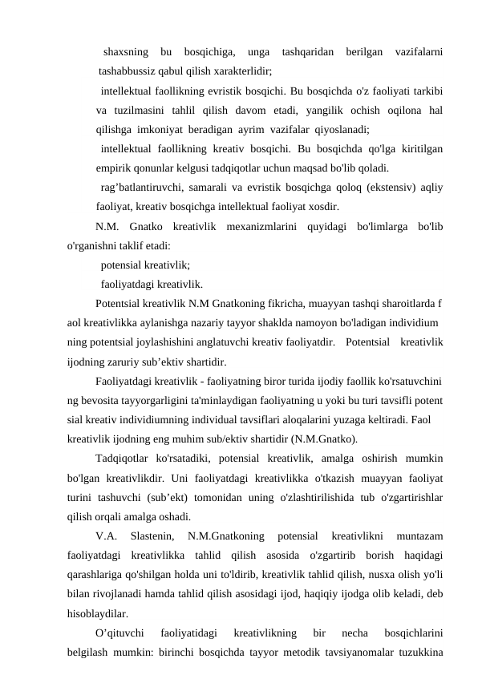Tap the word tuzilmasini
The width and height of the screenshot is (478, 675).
coord(147,111)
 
